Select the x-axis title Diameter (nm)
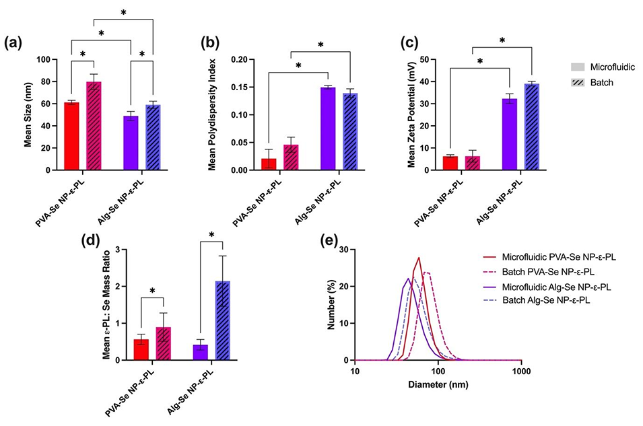[x=438, y=386]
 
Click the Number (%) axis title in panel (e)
[x=332, y=304]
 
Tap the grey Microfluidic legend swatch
[x=575, y=67]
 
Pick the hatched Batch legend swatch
[x=575, y=81]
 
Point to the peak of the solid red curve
[x=419, y=258]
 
